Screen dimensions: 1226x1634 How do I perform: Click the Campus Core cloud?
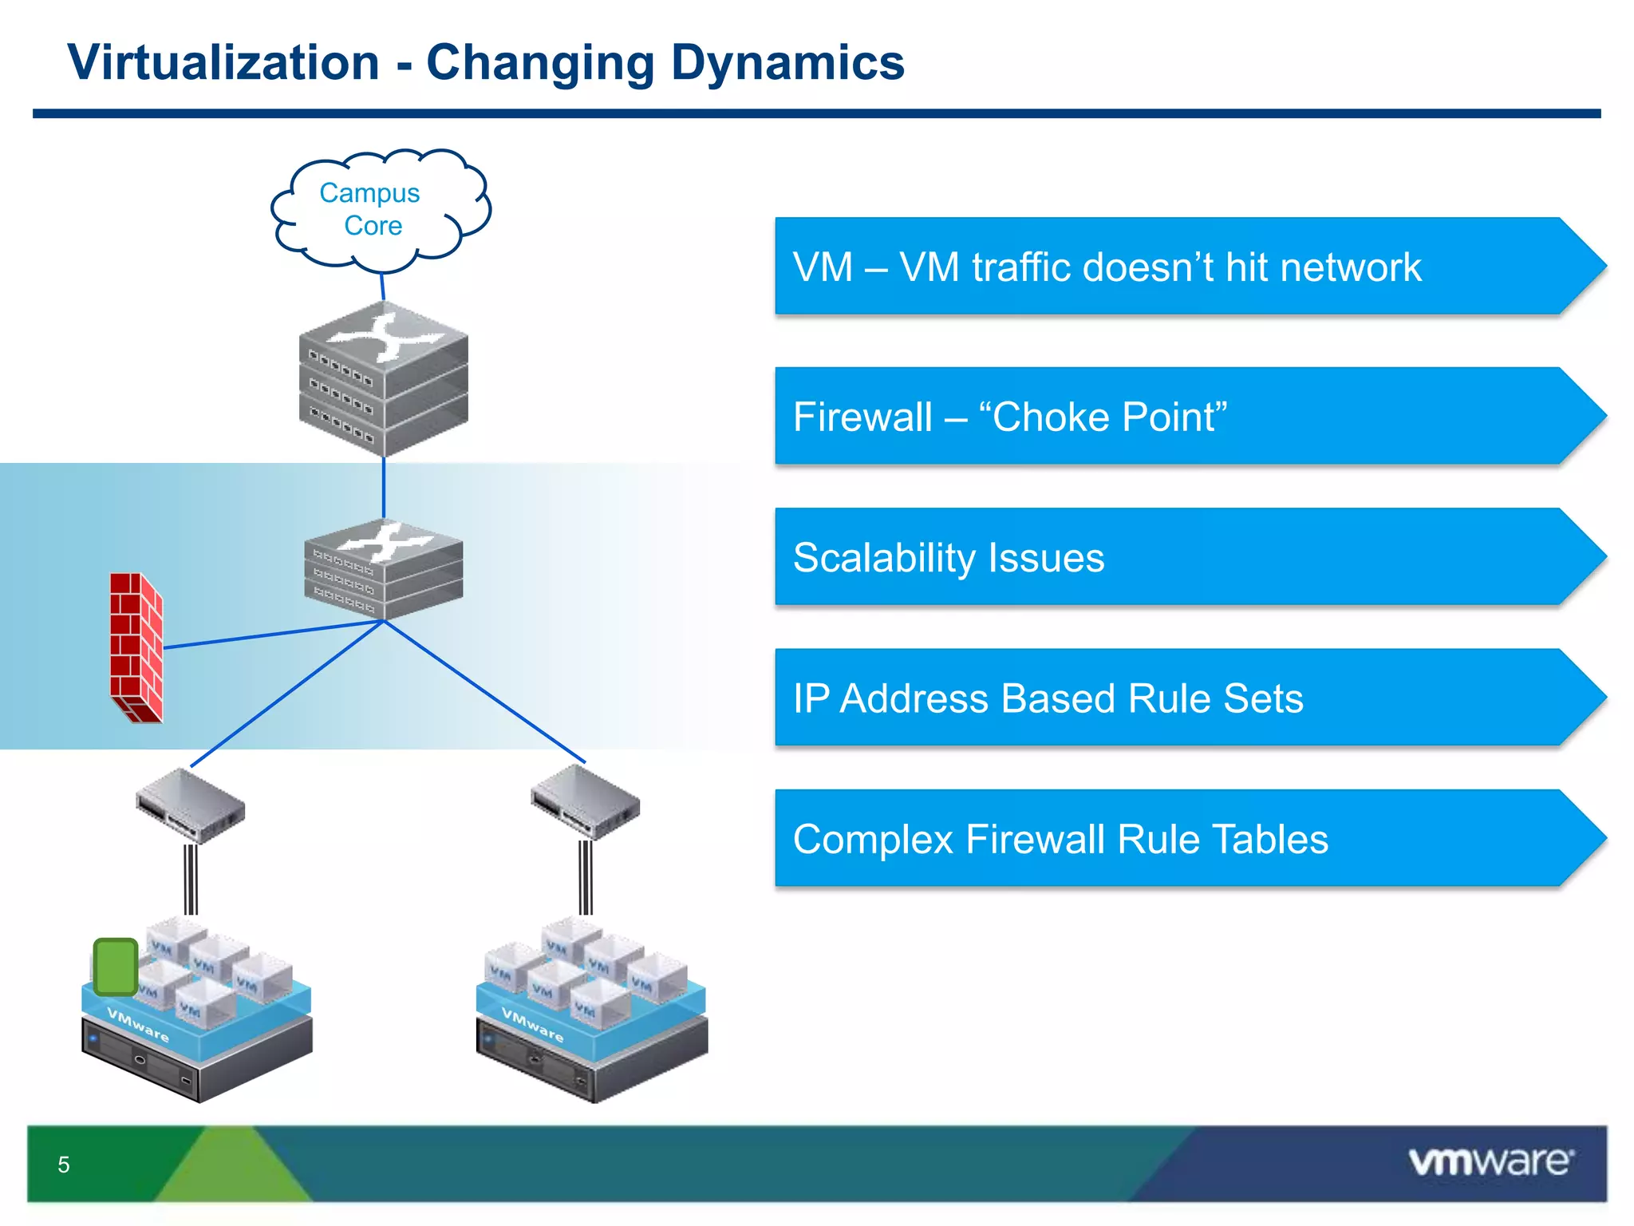375,209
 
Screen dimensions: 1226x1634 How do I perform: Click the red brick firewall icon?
136,647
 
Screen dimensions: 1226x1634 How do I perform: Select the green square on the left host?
116,967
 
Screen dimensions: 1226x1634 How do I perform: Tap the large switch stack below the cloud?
384,379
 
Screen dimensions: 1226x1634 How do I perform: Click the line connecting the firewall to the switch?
271,634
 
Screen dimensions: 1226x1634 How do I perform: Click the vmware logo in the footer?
1490,1162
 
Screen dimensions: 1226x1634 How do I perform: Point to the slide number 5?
64,1165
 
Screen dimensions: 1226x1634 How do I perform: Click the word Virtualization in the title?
223,63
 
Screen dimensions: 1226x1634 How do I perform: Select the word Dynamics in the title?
787,63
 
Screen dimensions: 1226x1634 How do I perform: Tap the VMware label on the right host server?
532,1025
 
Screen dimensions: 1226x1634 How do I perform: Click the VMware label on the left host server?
138,1025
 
